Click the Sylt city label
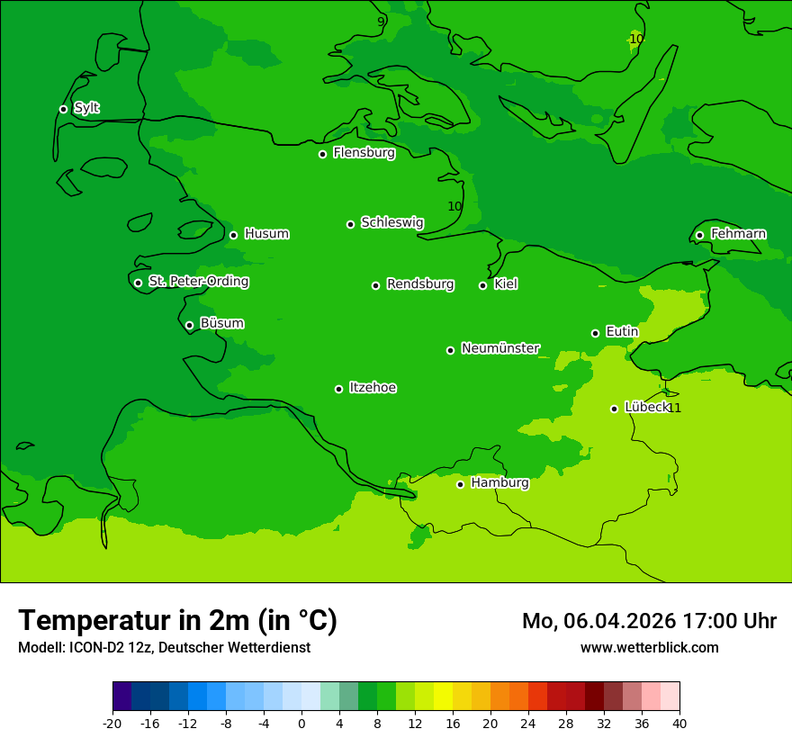tap(86, 108)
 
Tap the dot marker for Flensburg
tap(322, 154)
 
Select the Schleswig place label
tap(391, 222)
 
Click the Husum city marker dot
tap(233, 235)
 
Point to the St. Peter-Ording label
tap(198, 282)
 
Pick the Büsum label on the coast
tap(221, 323)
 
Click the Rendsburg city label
tap(420, 284)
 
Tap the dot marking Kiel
tap(482, 285)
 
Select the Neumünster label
tap(500, 348)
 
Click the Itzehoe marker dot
tap(338, 389)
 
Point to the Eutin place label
tap(622, 332)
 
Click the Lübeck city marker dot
tap(614, 409)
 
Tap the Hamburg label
tap(499, 483)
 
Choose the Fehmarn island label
tap(738, 234)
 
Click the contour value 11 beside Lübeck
tap(674, 409)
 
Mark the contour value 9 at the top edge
tap(381, 21)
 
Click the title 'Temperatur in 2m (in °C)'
tap(177, 620)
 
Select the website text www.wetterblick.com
tap(649, 648)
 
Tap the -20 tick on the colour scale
tap(112, 723)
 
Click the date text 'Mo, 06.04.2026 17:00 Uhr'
tap(649, 621)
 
